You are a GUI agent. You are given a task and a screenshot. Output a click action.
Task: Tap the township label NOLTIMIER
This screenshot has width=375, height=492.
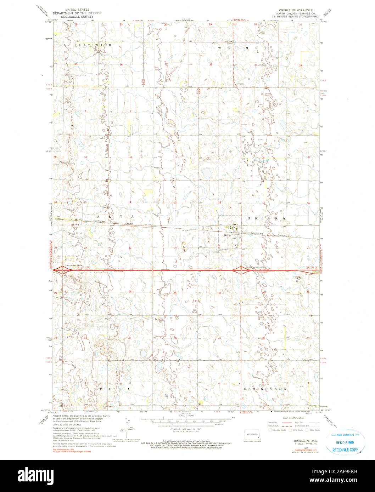[x=93, y=46]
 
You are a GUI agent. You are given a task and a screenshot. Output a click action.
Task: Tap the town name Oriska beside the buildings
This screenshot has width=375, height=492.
[x=227, y=235]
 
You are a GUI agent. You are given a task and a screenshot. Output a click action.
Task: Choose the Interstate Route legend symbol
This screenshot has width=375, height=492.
[x=273, y=430]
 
